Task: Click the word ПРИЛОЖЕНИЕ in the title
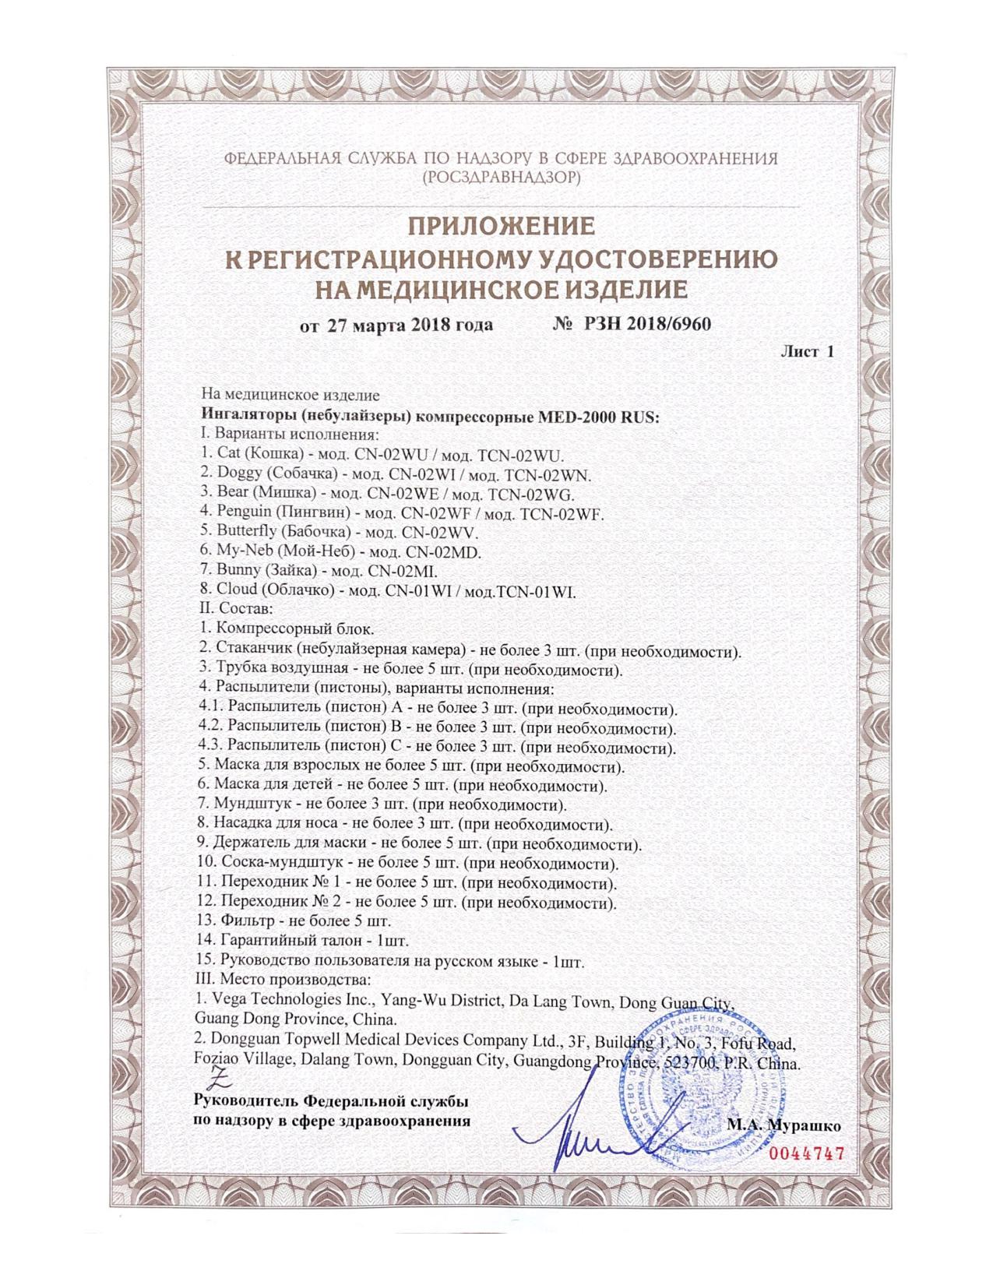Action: coord(502,227)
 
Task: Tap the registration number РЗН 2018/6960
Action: coord(642,324)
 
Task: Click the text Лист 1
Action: coord(807,352)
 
